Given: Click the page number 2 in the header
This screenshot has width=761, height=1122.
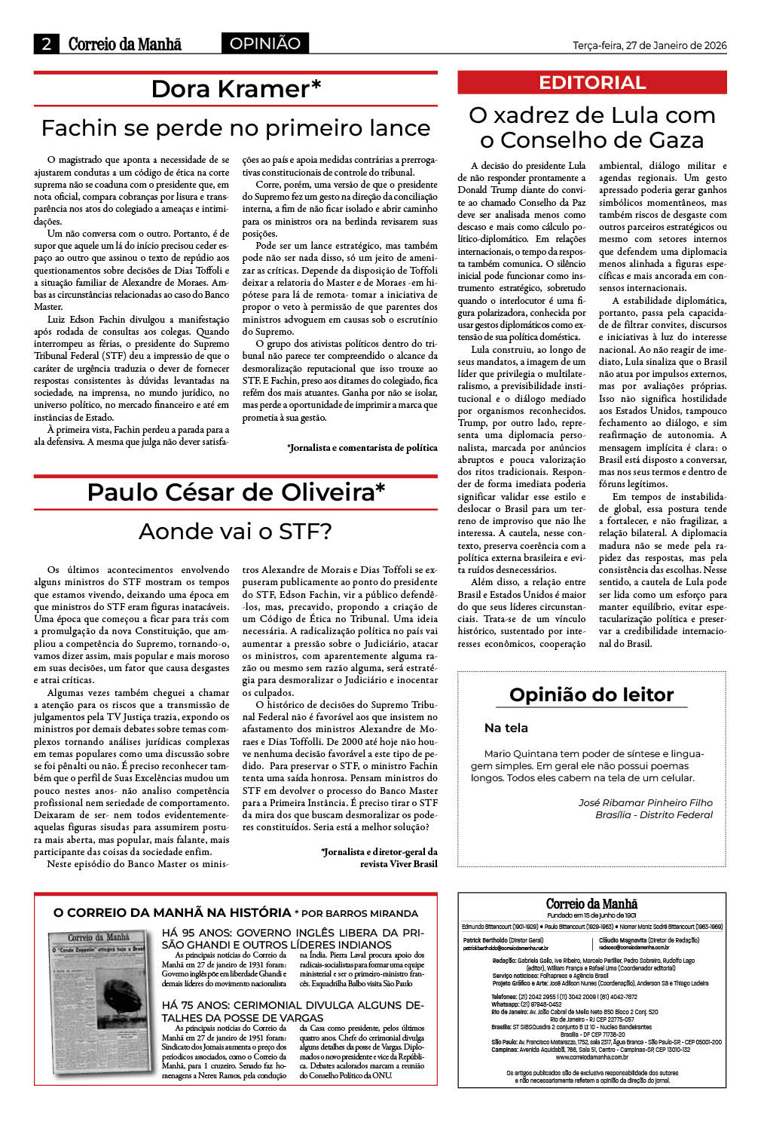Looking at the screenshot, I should (46, 44).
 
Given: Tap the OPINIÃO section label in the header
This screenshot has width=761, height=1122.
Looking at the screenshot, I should (264, 44).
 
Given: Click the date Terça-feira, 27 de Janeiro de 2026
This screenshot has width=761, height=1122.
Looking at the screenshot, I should (649, 45).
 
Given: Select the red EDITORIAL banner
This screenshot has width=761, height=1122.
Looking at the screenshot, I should (591, 83).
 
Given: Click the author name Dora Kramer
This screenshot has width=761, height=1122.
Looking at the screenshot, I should (236, 89).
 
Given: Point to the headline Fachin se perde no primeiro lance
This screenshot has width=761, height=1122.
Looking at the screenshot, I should (235, 128).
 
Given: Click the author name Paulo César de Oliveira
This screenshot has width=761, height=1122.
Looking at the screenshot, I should (236, 492).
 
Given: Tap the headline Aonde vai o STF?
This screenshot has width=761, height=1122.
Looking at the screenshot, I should (235, 532).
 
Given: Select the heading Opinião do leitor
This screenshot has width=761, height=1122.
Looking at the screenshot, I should (591, 694).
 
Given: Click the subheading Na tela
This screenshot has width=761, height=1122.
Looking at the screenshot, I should (506, 728).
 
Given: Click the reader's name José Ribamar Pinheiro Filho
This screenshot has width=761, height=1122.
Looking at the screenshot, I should (645, 802).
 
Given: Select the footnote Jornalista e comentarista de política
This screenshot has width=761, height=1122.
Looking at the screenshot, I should (362, 447).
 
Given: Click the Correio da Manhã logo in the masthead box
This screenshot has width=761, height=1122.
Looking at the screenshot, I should (591, 903).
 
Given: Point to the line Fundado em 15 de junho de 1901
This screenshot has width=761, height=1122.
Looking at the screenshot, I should (591, 915).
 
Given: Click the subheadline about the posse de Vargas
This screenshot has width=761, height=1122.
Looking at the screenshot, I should (292, 1011).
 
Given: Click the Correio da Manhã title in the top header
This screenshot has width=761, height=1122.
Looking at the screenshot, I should (125, 44).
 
